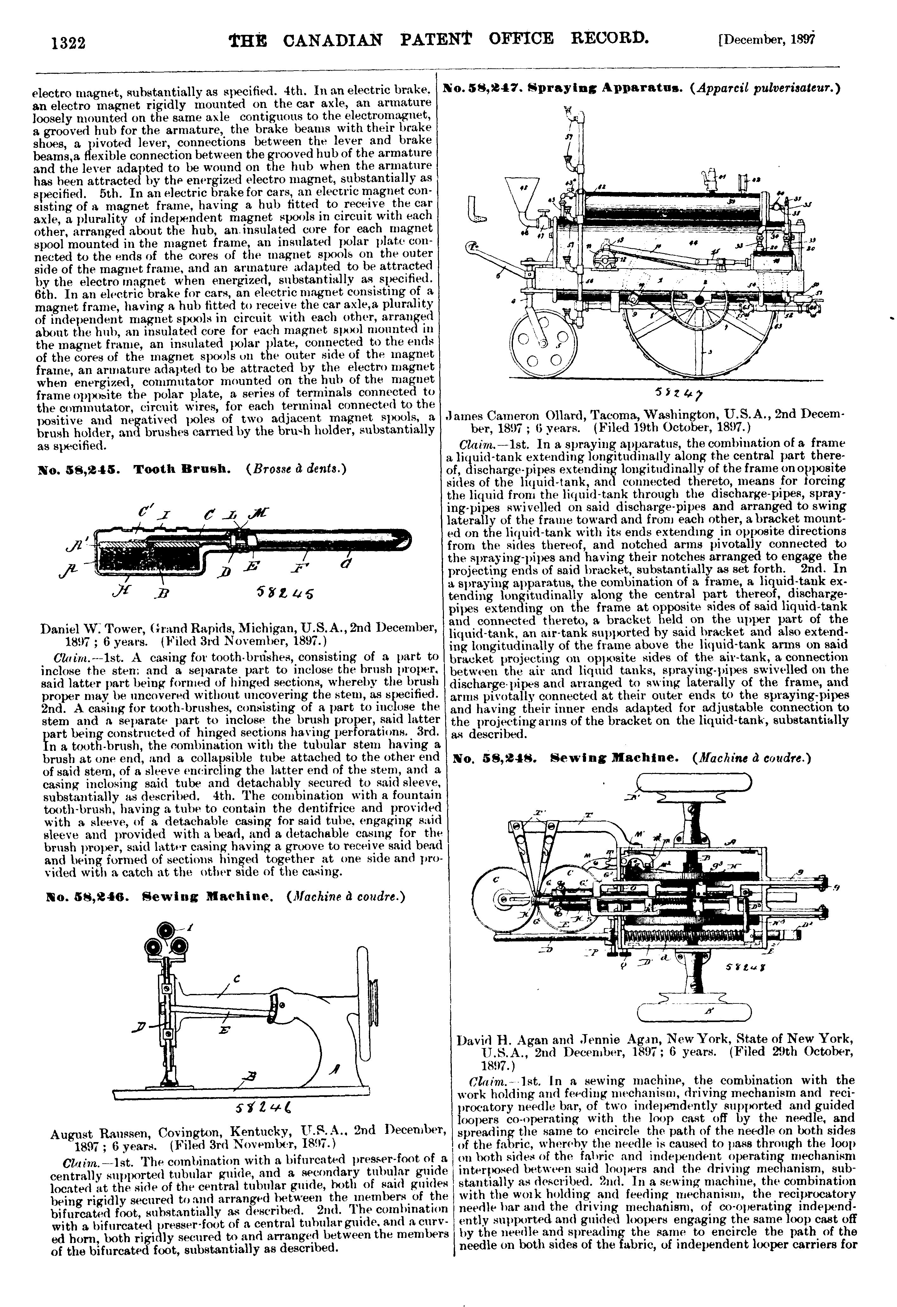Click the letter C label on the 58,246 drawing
(x=236, y=978)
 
